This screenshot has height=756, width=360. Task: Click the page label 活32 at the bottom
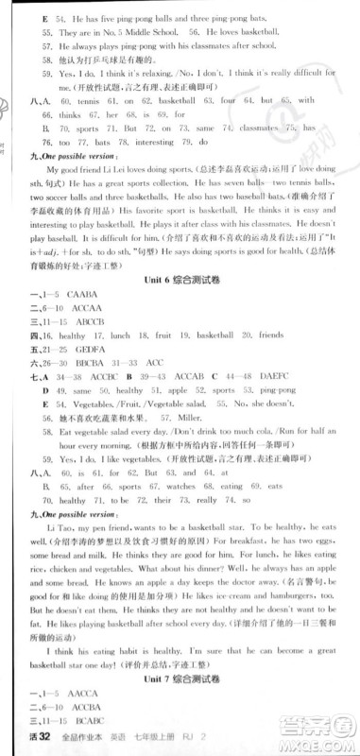[19, 747]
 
